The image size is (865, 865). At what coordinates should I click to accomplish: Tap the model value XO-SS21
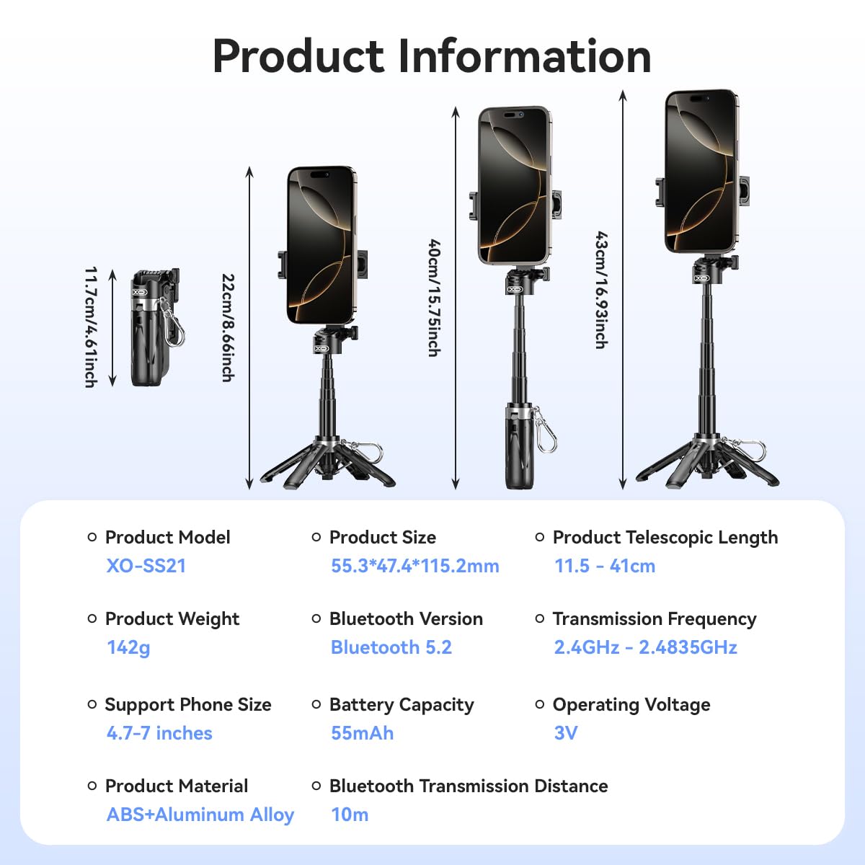coord(146,566)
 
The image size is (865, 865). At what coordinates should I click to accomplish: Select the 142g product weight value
coord(128,648)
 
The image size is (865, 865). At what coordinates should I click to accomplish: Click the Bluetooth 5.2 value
coord(391,647)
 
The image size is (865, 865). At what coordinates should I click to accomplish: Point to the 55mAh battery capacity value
coord(363,733)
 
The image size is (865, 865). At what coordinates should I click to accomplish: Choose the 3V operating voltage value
coord(566,733)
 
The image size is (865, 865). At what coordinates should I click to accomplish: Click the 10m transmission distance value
coord(350,815)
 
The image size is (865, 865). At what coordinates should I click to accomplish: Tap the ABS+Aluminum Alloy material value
coord(200,815)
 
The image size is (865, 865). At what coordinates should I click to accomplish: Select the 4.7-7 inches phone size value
coord(159,733)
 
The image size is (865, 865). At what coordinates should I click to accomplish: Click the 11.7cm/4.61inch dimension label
coord(91,327)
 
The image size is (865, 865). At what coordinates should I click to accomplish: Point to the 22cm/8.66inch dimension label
coord(229,328)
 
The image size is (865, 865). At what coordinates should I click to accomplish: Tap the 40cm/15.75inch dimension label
coord(434,298)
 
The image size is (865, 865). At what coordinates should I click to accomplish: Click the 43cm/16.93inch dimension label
coord(601,290)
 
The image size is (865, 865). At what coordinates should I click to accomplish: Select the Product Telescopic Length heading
coord(665,538)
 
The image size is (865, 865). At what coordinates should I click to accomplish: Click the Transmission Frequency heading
coord(655,619)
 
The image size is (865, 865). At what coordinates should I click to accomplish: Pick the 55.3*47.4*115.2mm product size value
coord(414,566)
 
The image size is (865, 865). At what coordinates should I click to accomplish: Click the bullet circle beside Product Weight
coord(92,618)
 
